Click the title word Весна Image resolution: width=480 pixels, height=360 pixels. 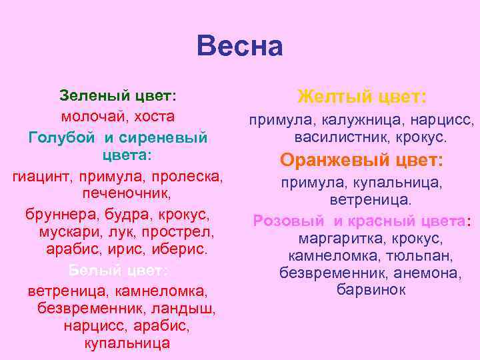click(x=240, y=47)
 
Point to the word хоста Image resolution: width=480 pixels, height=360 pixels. click(x=154, y=116)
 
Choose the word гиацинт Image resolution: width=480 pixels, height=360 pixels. click(x=43, y=177)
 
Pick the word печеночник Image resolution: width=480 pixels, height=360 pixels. click(x=126, y=194)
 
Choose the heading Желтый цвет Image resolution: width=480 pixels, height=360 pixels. click(x=362, y=97)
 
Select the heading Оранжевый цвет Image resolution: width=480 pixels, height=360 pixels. click(x=362, y=161)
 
